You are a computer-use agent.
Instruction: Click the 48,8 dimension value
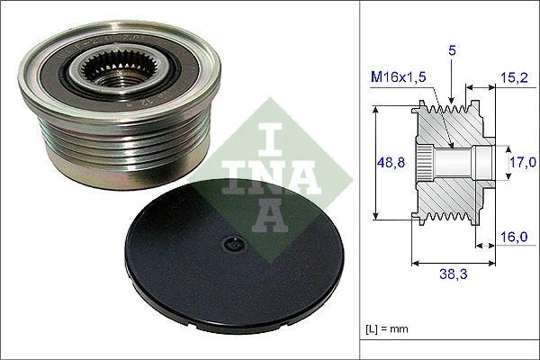tap(389, 163)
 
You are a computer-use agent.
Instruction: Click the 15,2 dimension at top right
tap(516, 78)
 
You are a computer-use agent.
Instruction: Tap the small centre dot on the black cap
tap(232, 243)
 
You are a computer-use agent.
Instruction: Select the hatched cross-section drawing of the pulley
tap(450, 162)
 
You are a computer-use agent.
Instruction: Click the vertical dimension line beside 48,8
tap(375, 163)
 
